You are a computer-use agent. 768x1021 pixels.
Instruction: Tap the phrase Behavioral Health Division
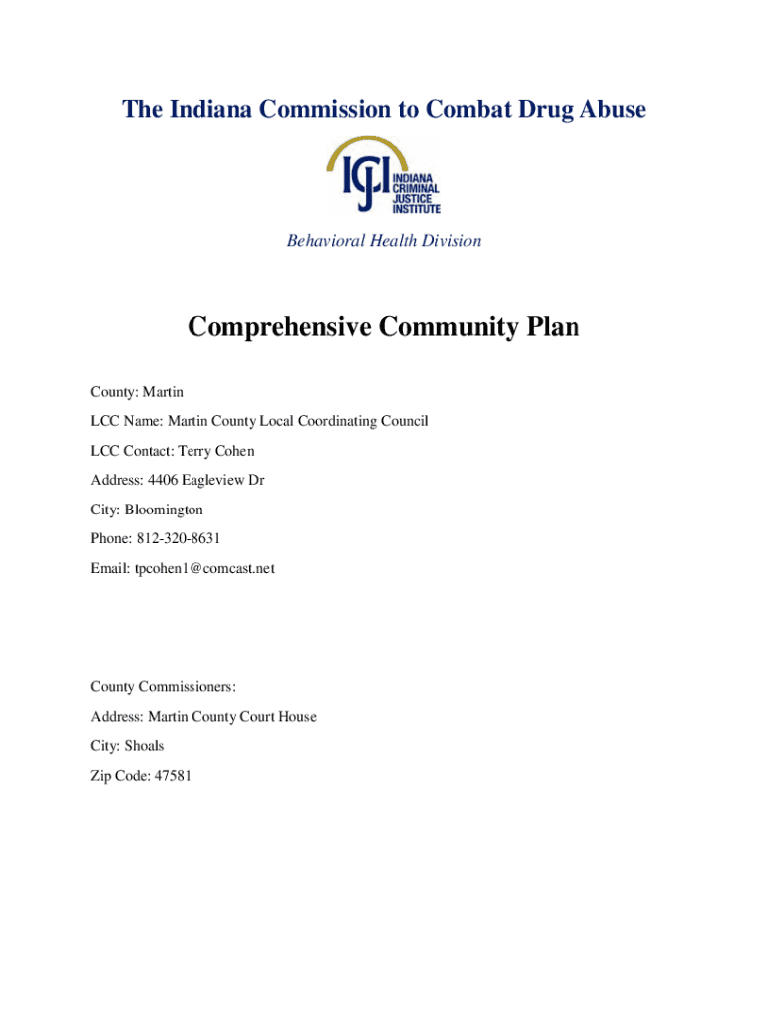point(384,241)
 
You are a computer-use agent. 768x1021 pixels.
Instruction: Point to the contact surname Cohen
point(235,451)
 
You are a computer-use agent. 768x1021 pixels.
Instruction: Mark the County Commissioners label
point(163,686)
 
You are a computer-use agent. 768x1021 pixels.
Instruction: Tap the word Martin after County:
point(163,392)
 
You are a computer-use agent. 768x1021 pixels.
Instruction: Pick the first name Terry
point(194,451)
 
